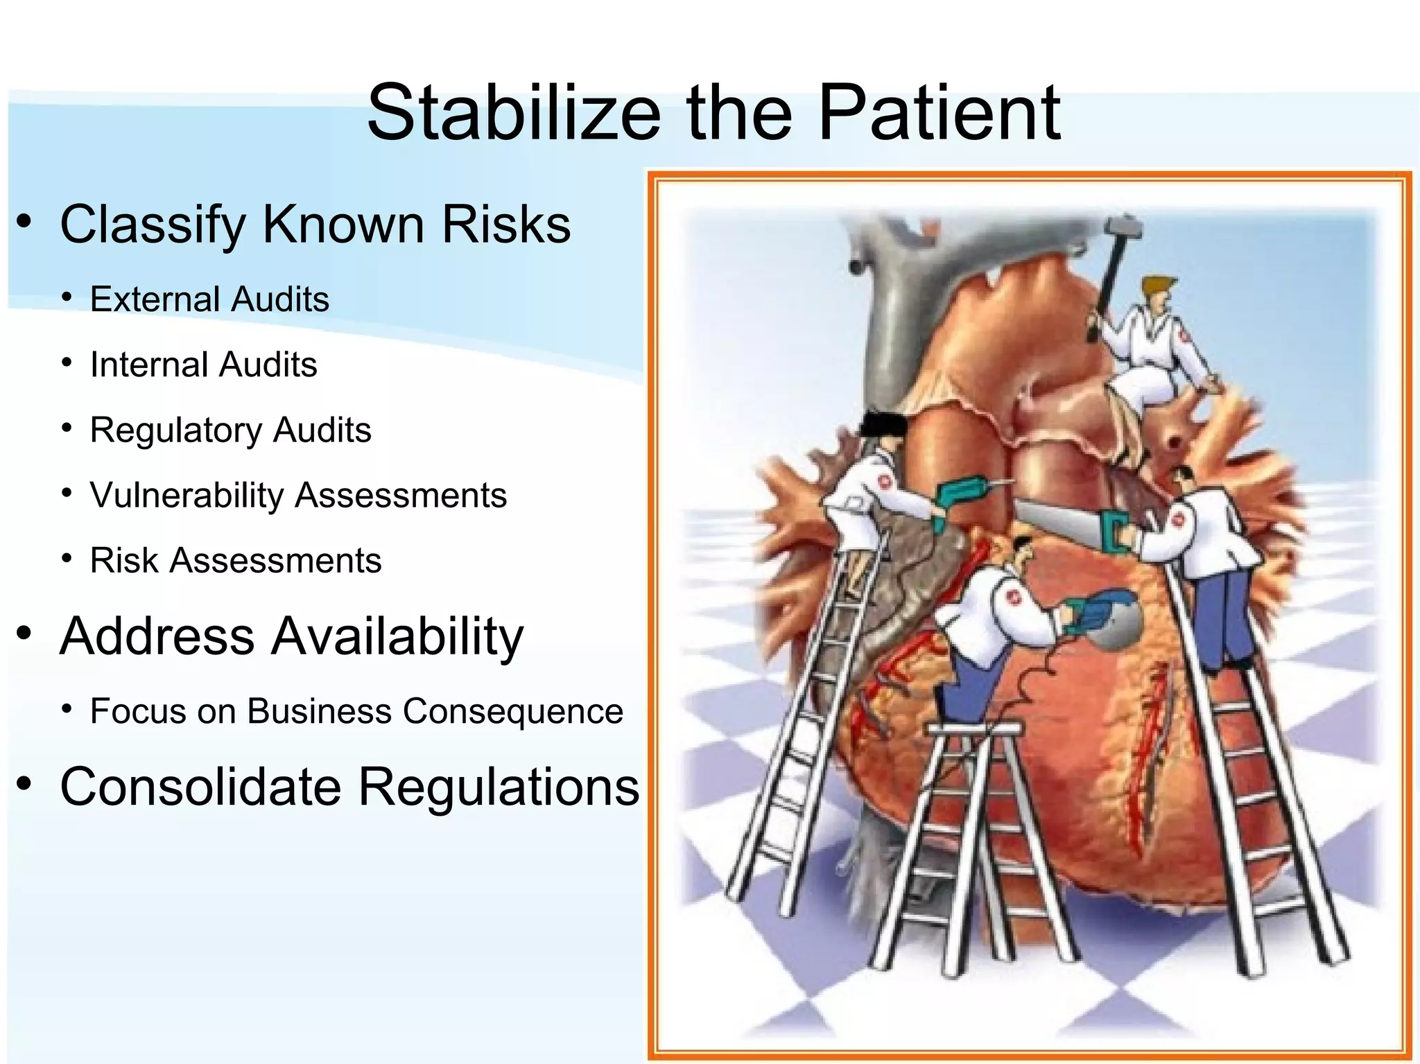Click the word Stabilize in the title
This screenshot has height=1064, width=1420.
513,112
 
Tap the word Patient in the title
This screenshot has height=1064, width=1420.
939,112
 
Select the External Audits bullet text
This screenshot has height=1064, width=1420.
209,299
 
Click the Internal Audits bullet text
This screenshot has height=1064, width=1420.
203,365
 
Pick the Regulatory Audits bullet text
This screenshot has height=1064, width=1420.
230,430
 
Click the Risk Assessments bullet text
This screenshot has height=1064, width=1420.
236,560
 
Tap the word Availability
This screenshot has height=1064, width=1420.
396,636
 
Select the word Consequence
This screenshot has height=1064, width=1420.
513,711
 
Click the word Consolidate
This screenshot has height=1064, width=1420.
201,787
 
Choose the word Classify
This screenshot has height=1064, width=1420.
153,225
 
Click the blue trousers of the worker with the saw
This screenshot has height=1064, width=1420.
1220,617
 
